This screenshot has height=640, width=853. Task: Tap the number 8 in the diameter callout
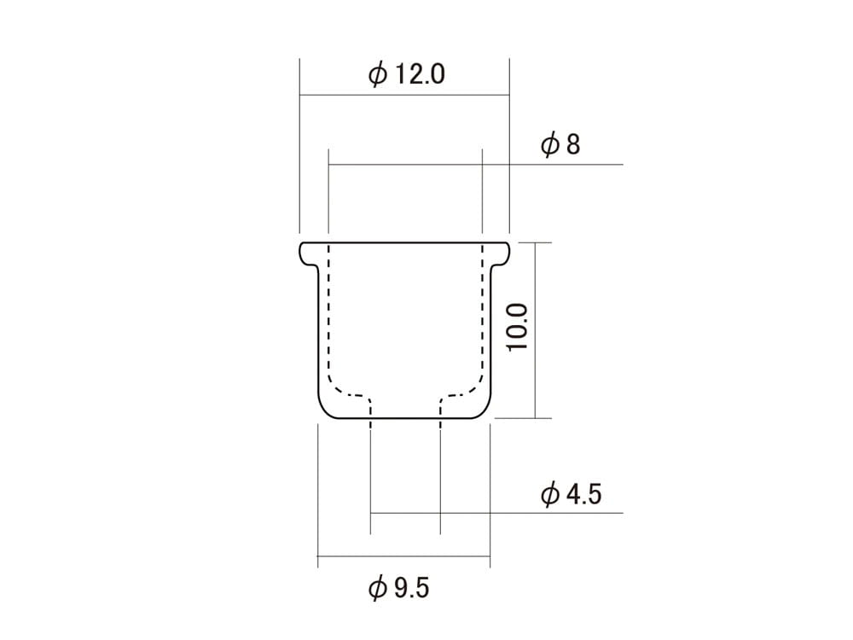point(572,144)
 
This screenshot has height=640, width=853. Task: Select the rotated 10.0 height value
point(519,327)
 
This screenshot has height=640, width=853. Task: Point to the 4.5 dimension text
point(583,494)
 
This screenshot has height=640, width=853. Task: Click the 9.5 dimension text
point(410,588)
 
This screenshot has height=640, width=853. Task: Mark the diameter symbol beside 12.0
point(377,75)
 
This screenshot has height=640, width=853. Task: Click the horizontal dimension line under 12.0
point(404,95)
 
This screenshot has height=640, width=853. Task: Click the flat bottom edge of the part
point(404,419)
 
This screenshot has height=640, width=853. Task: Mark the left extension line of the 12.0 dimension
point(299,145)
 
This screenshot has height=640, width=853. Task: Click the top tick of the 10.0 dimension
point(535,242)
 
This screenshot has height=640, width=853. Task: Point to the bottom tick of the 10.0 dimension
point(535,418)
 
